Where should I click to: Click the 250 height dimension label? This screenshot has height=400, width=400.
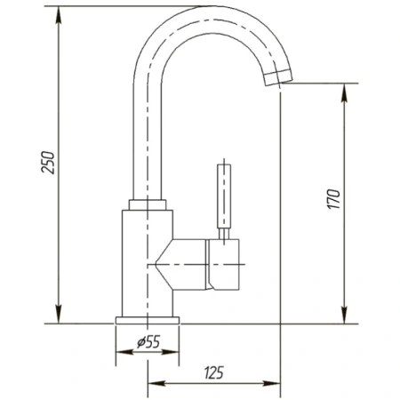(x=48, y=162)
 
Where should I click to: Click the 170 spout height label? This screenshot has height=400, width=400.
(x=333, y=199)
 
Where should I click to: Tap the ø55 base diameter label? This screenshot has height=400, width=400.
(x=148, y=342)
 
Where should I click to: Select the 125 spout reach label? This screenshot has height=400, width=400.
(x=214, y=372)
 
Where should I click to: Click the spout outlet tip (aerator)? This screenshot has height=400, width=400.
(x=278, y=77)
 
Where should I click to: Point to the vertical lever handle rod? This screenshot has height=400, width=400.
(x=224, y=196)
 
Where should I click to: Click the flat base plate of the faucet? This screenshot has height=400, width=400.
(x=148, y=320)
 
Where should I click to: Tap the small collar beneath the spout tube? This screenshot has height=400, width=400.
(x=148, y=204)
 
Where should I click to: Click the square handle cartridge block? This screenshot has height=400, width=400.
(x=224, y=264)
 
